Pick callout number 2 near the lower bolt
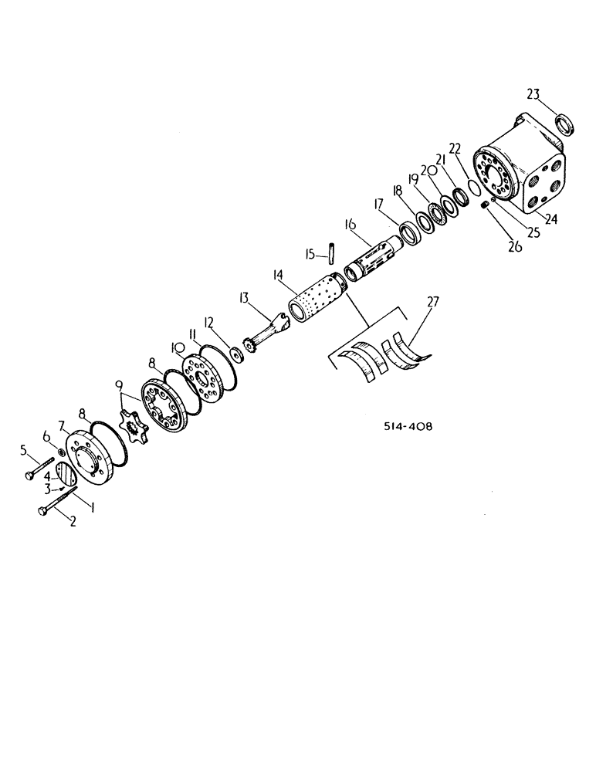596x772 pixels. (74, 522)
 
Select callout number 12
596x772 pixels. (209, 321)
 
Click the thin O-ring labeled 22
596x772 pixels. (476, 187)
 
